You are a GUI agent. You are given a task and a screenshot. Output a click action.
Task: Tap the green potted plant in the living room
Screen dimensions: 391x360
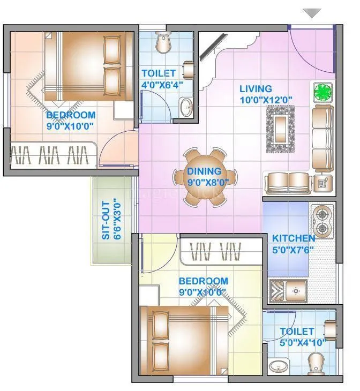(323, 92)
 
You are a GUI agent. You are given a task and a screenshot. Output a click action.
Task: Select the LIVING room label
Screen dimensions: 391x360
(256, 89)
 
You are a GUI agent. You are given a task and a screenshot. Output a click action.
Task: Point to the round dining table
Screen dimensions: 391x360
(204, 175)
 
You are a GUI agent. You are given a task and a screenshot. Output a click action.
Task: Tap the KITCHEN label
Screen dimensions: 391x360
(293, 238)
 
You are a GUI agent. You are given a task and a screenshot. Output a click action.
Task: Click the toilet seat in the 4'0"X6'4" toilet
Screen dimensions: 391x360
(163, 42)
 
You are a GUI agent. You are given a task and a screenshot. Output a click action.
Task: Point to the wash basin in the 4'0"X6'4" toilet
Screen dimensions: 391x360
(186, 106)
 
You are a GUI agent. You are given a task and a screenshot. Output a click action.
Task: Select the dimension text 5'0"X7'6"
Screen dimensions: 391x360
(293, 249)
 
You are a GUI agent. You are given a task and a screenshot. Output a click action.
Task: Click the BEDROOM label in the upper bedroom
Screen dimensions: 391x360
(70, 115)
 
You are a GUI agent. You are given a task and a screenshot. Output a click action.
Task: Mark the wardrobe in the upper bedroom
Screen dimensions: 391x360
(52, 156)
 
